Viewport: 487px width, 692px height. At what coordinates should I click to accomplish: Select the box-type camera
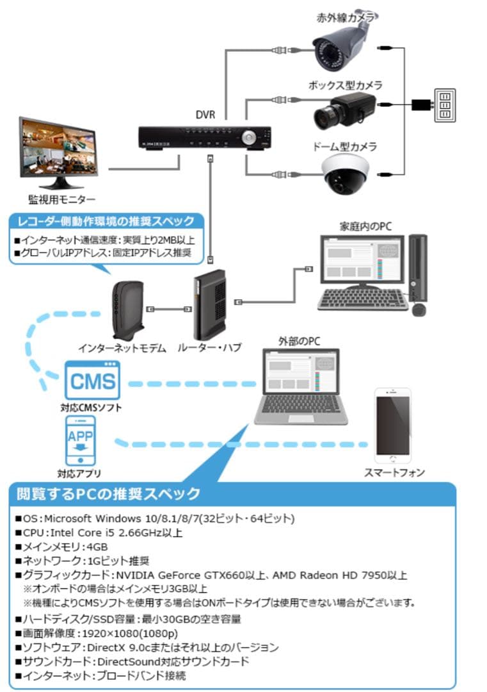click(343, 109)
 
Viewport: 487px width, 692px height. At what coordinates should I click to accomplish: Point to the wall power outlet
click(445, 104)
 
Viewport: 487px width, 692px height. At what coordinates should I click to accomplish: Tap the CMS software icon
click(92, 381)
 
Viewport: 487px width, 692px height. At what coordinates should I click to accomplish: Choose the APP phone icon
click(81, 441)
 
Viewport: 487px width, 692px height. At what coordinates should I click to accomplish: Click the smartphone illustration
click(393, 426)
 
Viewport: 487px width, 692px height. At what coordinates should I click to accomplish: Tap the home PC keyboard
click(363, 299)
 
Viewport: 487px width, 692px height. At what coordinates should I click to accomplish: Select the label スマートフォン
click(394, 473)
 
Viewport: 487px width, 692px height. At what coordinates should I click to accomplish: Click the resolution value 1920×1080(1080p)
click(138, 633)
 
